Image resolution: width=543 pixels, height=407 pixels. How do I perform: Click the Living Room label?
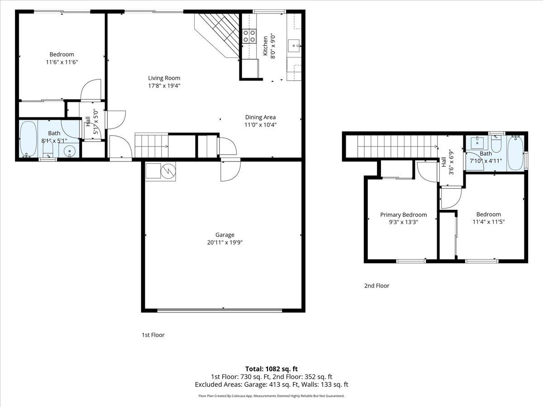click(x=164, y=78)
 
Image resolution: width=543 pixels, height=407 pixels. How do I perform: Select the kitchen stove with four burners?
click(x=249, y=36)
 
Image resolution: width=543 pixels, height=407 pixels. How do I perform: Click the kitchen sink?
click(x=294, y=44)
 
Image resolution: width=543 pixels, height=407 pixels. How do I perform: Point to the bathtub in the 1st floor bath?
click(x=28, y=139)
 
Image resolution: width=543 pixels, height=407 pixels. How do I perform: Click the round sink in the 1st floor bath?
click(x=70, y=151)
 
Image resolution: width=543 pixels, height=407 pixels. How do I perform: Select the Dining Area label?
click(x=260, y=117)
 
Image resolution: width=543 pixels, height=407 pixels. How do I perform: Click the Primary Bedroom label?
click(x=403, y=215)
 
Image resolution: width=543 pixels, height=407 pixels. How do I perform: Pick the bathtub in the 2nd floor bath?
click(x=515, y=153)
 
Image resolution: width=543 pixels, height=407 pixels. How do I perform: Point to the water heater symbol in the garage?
click(x=168, y=171)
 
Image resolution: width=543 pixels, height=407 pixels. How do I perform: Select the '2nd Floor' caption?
click(x=376, y=286)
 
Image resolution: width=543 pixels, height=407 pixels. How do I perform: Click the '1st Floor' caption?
click(x=153, y=335)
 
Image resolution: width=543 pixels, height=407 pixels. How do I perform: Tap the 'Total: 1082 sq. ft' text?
click(x=271, y=369)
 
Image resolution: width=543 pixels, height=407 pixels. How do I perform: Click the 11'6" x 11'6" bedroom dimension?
click(x=62, y=62)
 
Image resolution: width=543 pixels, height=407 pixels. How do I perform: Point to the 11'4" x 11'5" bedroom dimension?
click(x=488, y=222)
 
